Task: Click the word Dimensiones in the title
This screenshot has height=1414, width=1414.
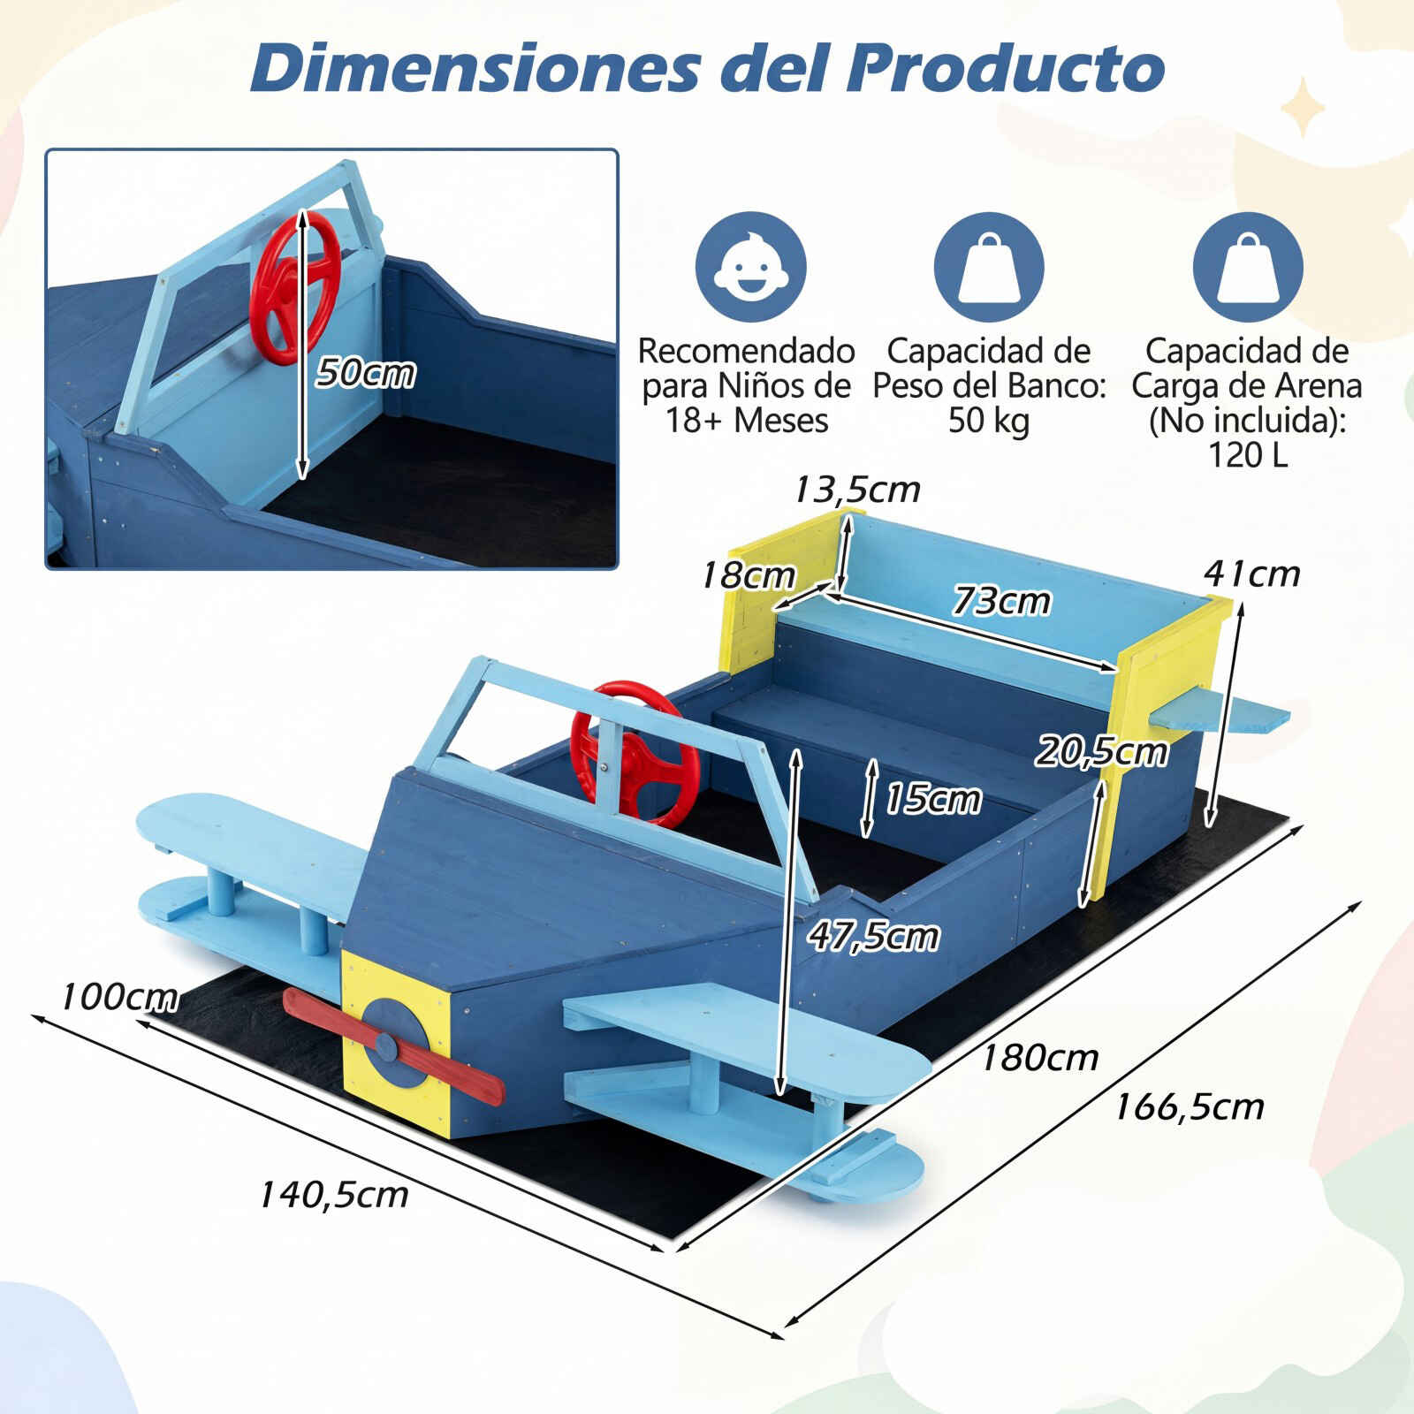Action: [x=475, y=67]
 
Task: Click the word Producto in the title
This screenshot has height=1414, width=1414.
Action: [x=1006, y=67]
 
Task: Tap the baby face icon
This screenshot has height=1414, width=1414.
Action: [x=750, y=267]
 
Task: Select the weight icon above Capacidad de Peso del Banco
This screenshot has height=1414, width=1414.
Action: [x=989, y=267]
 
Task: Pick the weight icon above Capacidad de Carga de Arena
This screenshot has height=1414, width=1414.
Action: [x=1247, y=267]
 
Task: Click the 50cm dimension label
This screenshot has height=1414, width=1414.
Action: [x=366, y=372]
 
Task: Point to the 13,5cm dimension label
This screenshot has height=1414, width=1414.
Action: [x=856, y=489]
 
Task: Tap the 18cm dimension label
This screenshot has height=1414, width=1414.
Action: [x=748, y=575]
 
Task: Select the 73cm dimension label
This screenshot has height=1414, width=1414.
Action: [x=1001, y=601]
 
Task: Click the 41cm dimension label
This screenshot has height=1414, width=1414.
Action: [x=1252, y=574]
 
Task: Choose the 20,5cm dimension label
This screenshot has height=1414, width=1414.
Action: [x=1102, y=751]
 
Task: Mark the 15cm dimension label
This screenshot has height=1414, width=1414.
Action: [x=933, y=798]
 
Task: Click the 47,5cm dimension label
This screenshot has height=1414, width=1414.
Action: [x=873, y=936]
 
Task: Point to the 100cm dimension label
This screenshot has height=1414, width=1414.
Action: [x=119, y=997]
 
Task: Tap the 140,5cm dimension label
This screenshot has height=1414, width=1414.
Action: [x=333, y=1195]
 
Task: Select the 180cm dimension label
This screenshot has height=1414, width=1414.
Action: [x=1039, y=1057]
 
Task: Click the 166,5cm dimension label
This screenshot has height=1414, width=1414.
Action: [x=1189, y=1106]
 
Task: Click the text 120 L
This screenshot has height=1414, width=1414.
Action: [x=1247, y=454]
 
